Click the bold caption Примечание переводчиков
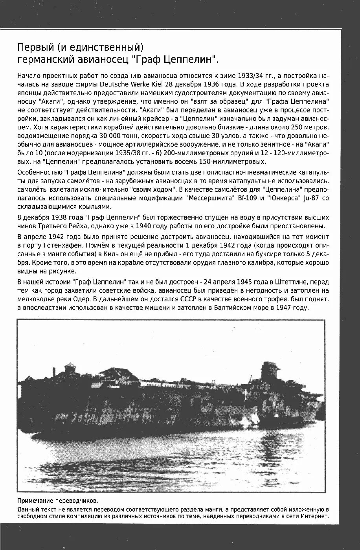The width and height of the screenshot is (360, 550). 57,501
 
